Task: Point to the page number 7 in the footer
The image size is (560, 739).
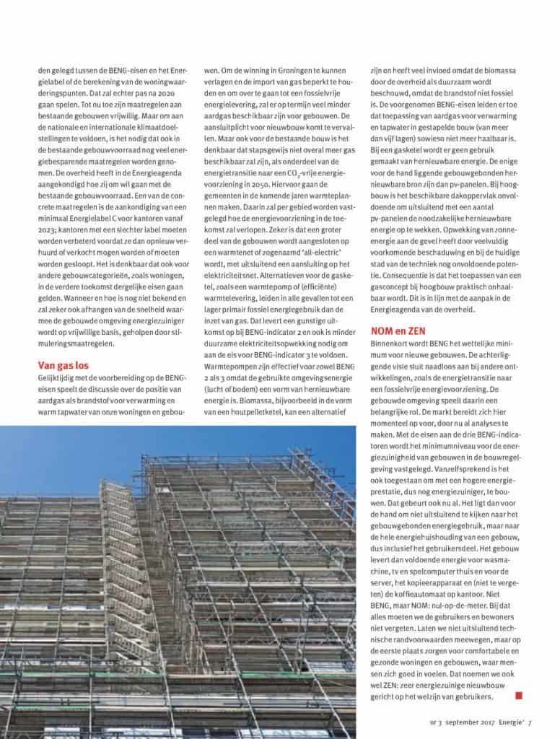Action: pyautogui.click(x=529, y=721)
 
